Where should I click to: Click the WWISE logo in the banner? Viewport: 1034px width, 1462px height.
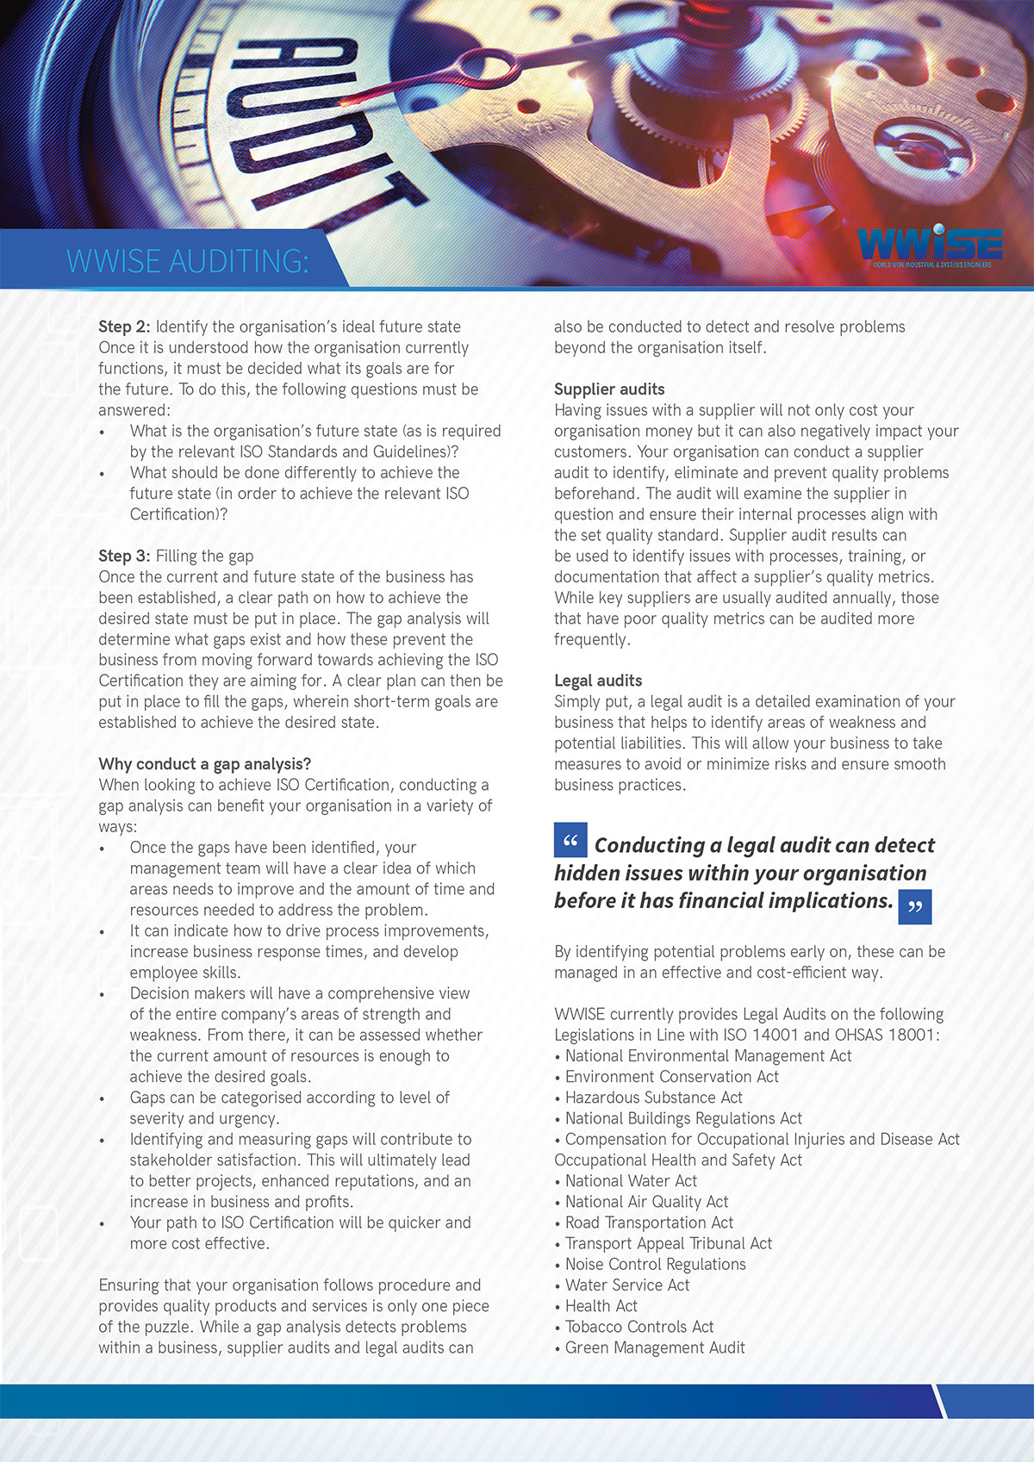(930, 245)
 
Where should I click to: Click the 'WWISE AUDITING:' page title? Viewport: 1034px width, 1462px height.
(187, 261)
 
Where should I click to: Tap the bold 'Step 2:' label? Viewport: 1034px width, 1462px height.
(124, 327)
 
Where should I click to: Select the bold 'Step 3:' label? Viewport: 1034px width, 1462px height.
(124, 556)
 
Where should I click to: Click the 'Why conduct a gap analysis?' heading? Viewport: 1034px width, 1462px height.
(204, 764)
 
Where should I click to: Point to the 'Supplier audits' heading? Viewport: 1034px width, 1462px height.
(609, 389)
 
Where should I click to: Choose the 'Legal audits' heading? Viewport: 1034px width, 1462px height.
(598, 681)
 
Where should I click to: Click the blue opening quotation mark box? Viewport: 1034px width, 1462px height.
(570, 840)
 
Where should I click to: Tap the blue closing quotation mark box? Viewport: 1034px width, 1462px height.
(914, 907)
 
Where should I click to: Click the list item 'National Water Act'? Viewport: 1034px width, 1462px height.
(631, 1181)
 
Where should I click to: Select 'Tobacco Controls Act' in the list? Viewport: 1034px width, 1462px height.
(639, 1327)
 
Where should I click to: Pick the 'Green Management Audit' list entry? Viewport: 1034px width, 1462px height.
(655, 1347)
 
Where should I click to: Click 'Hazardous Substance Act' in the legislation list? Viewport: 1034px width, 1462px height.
(653, 1098)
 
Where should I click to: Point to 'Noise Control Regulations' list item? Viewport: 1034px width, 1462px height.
(655, 1264)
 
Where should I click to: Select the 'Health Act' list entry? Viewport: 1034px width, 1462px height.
(601, 1306)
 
